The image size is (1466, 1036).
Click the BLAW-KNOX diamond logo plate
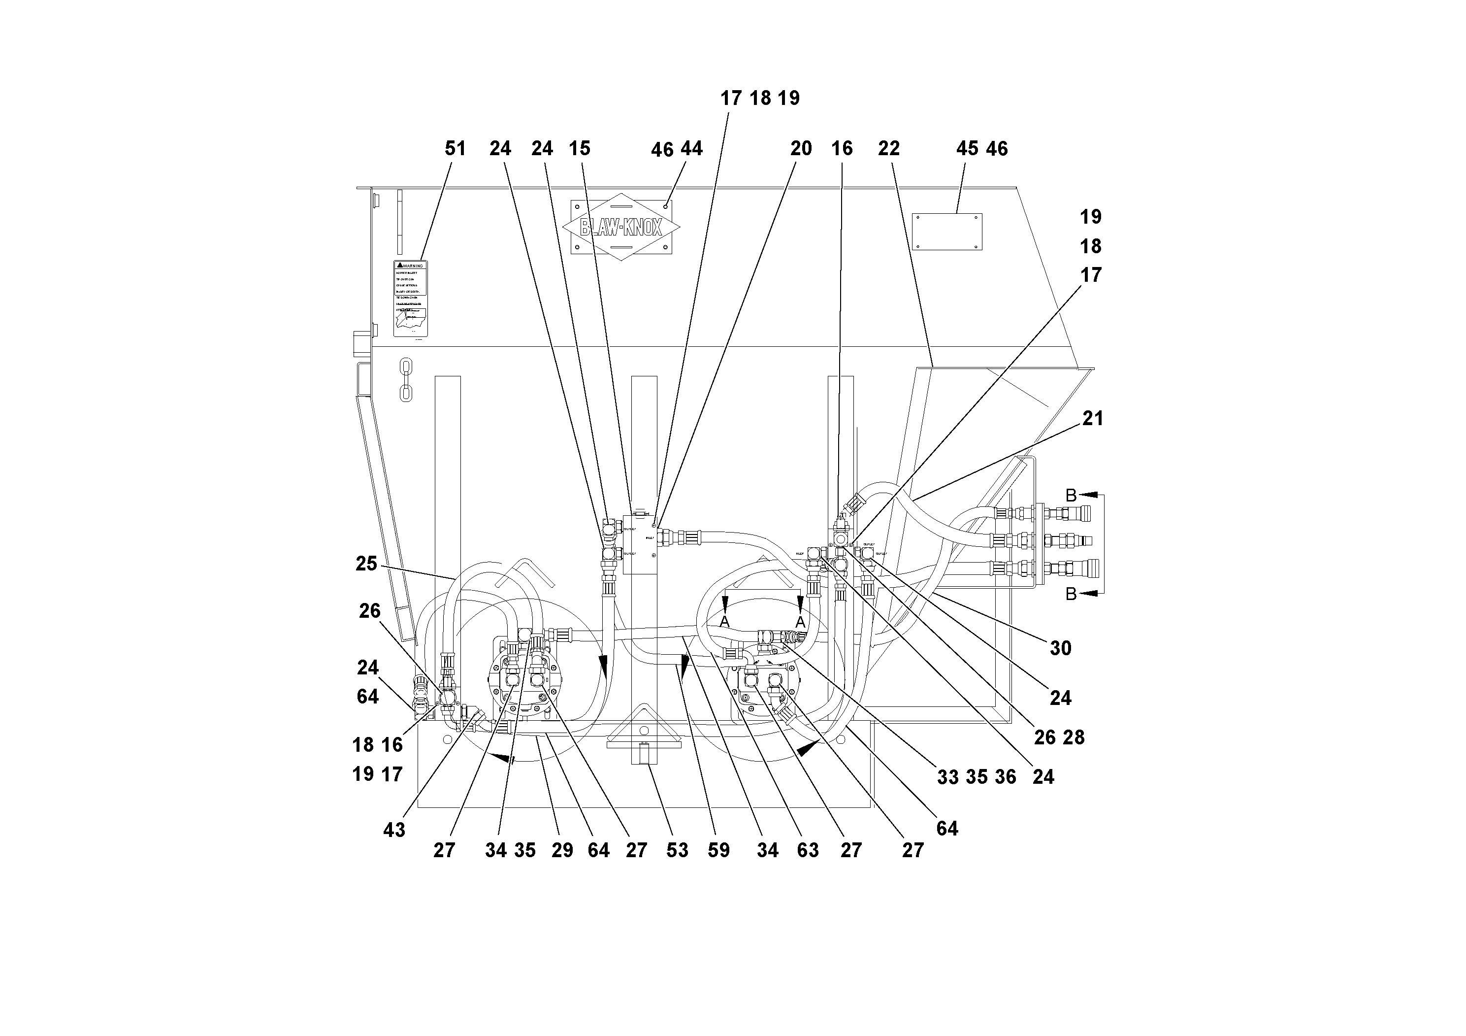[x=620, y=227]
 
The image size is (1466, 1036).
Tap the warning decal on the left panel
[x=410, y=298]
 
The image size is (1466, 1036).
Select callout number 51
[x=455, y=149]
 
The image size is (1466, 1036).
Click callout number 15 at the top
[x=579, y=149]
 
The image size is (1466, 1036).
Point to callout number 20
[x=801, y=149]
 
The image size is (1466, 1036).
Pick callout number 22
[x=888, y=149]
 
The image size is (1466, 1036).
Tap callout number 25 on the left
[x=366, y=564]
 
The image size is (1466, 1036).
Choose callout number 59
[x=718, y=850]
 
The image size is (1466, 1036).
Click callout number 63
[x=807, y=850]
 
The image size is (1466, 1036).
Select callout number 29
[x=562, y=850]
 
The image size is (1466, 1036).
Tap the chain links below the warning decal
[x=405, y=379]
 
